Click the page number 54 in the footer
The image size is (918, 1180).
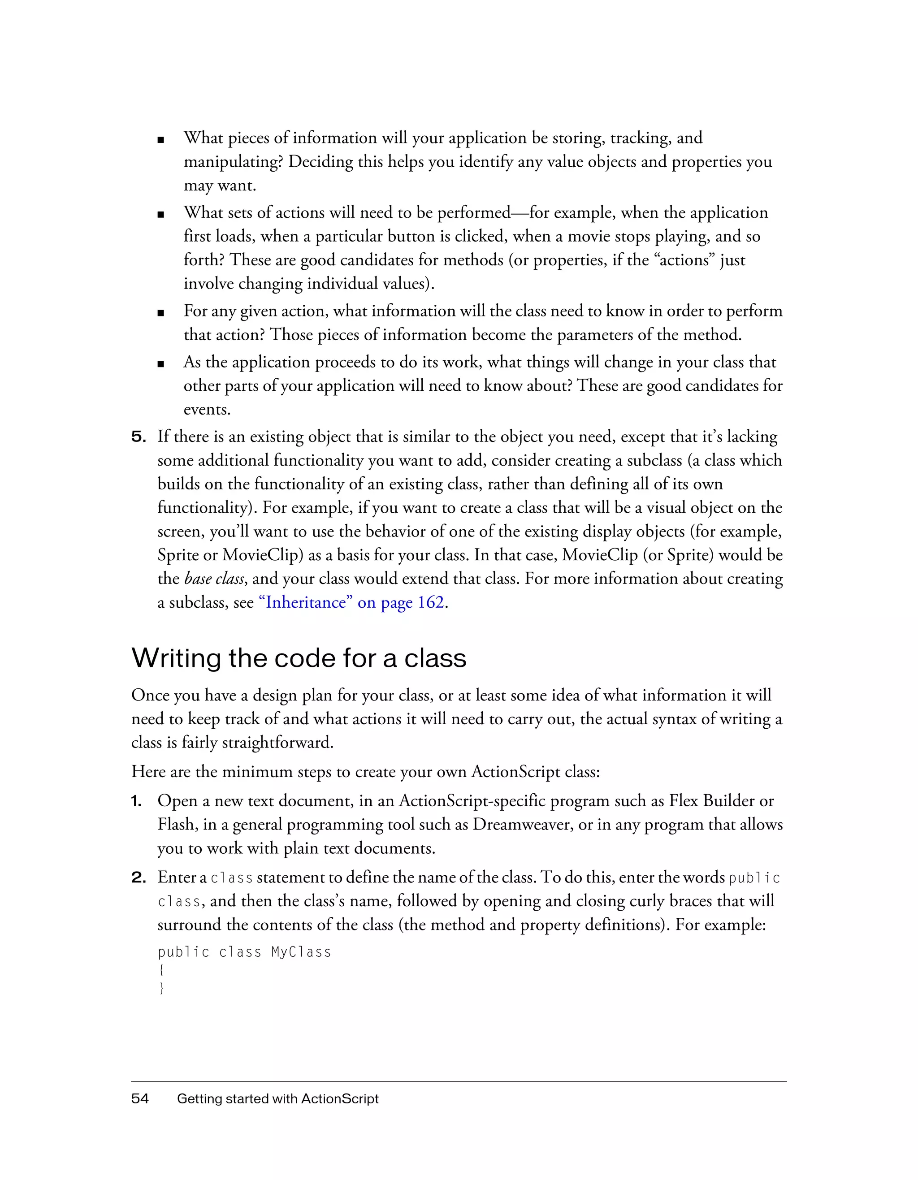(x=140, y=1098)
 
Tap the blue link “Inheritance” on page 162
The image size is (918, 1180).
(x=352, y=602)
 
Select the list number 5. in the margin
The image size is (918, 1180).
(x=139, y=437)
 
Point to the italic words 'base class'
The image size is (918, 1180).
(x=214, y=579)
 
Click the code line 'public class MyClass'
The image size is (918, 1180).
(x=244, y=952)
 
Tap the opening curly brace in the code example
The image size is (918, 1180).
(x=161, y=970)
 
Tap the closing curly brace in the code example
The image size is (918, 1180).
(x=161, y=988)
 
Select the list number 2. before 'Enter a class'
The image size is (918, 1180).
(x=139, y=877)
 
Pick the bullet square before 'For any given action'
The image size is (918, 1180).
(x=160, y=313)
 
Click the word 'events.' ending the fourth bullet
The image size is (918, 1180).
(x=207, y=410)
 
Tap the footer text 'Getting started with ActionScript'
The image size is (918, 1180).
(x=278, y=1098)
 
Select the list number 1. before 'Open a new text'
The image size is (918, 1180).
(x=137, y=801)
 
